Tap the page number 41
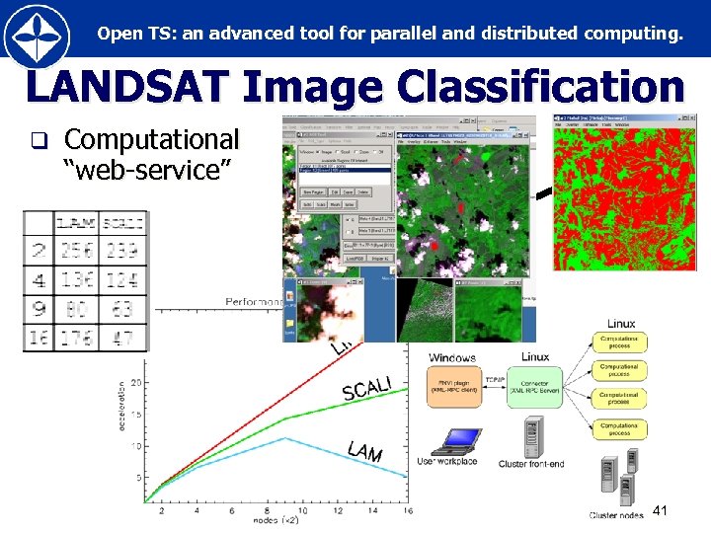point(661,510)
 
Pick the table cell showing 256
point(76,251)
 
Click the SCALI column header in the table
point(123,223)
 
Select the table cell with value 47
point(123,339)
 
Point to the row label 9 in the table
point(37,310)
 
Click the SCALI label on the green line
point(366,387)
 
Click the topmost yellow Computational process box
point(620,341)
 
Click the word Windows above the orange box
point(452,357)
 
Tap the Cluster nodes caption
point(617,515)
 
